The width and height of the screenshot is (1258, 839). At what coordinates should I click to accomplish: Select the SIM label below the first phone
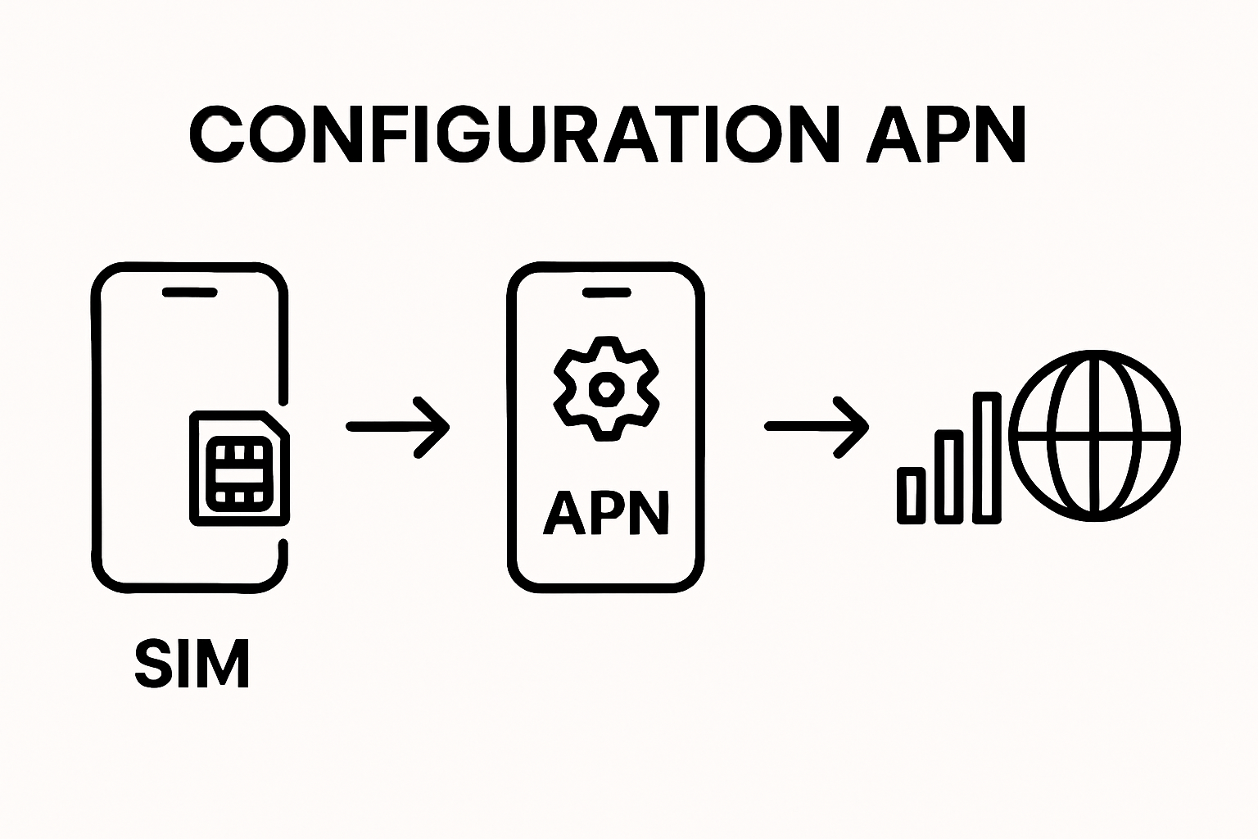point(192,663)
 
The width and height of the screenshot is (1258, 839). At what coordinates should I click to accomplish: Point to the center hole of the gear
point(606,388)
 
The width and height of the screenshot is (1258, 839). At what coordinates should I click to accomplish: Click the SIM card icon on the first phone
point(239,467)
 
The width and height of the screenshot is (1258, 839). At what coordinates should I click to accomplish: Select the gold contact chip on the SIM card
point(238,474)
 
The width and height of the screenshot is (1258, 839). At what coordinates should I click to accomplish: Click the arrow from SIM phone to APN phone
point(398,426)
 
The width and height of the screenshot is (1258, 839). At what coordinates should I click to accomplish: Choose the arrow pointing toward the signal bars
point(817,426)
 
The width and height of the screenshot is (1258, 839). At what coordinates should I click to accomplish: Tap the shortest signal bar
point(911,495)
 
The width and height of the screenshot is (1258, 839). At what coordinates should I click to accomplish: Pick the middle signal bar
point(949,477)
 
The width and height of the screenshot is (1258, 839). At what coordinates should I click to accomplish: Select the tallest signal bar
point(987,458)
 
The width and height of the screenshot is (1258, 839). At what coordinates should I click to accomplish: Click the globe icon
point(1095,435)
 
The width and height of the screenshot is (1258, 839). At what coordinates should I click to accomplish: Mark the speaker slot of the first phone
point(189,293)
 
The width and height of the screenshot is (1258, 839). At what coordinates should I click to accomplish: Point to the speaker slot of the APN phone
point(606,293)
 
